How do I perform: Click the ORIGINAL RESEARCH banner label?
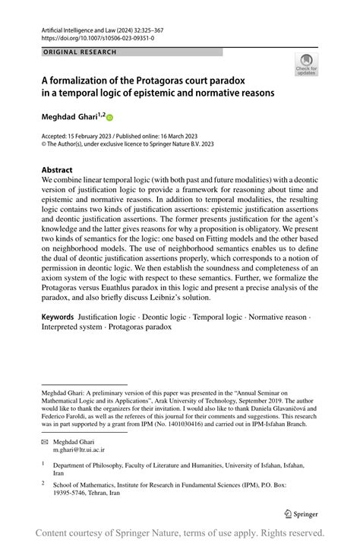click(80, 52)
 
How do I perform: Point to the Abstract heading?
click(57, 170)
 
